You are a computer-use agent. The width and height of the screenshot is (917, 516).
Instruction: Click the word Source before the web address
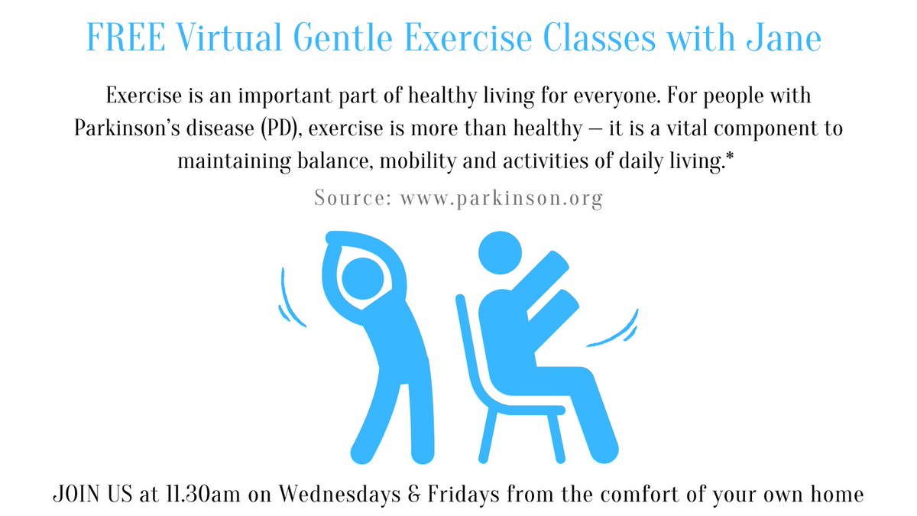[351, 199]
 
